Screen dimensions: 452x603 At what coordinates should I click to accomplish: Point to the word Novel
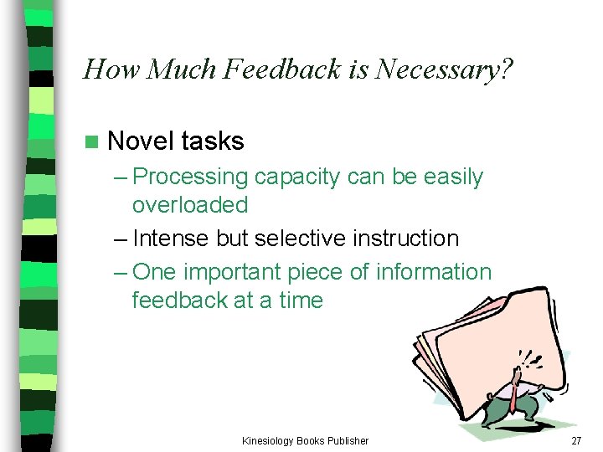(x=142, y=141)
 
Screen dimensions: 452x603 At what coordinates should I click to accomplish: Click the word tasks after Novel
(x=213, y=141)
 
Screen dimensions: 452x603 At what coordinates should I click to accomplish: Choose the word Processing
(x=190, y=177)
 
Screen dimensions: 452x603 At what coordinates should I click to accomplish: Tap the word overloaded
(x=190, y=205)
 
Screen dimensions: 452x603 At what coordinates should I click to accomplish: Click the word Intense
(x=172, y=239)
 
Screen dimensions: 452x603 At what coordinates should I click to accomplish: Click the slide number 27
(x=575, y=440)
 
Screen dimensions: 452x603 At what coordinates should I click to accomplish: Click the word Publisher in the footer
(x=346, y=440)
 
